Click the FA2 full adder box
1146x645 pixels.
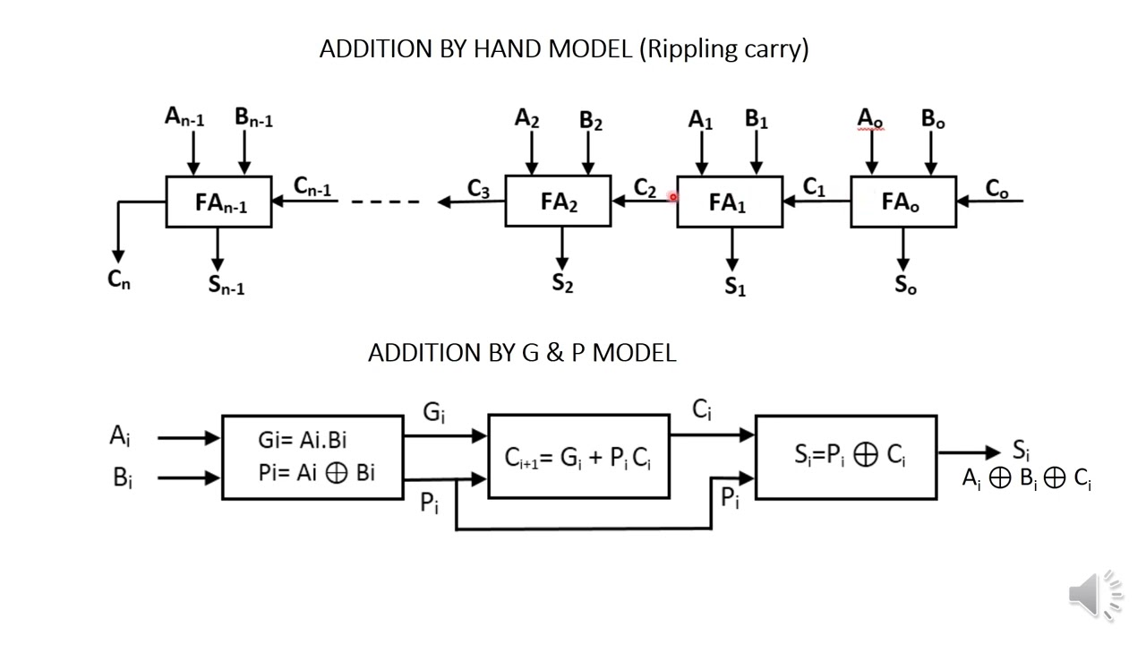click(x=558, y=202)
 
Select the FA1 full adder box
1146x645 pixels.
click(x=729, y=202)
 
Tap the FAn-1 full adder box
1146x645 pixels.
click(x=218, y=202)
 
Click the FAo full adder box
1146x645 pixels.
click(x=902, y=202)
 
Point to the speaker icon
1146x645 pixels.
click(x=1094, y=594)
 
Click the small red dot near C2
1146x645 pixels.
click(x=672, y=197)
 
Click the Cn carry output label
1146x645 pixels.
click(x=119, y=279)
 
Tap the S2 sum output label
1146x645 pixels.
click(x=562, y=284)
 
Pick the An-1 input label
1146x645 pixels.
click(x=184, y=117)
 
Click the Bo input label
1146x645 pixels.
click(x=933, y=119)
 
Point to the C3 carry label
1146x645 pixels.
click(x=478, y=189)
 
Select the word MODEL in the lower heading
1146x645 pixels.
click(x=634, y=353)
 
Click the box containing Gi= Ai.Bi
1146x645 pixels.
click(x=312, y=457)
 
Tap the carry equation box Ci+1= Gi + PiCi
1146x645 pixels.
click(x=578, y=457)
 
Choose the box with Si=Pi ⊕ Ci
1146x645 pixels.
click(x=846, y=457)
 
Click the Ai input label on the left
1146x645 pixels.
click(x=121, y=436)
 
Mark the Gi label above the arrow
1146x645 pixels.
click(x=434, y=413)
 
